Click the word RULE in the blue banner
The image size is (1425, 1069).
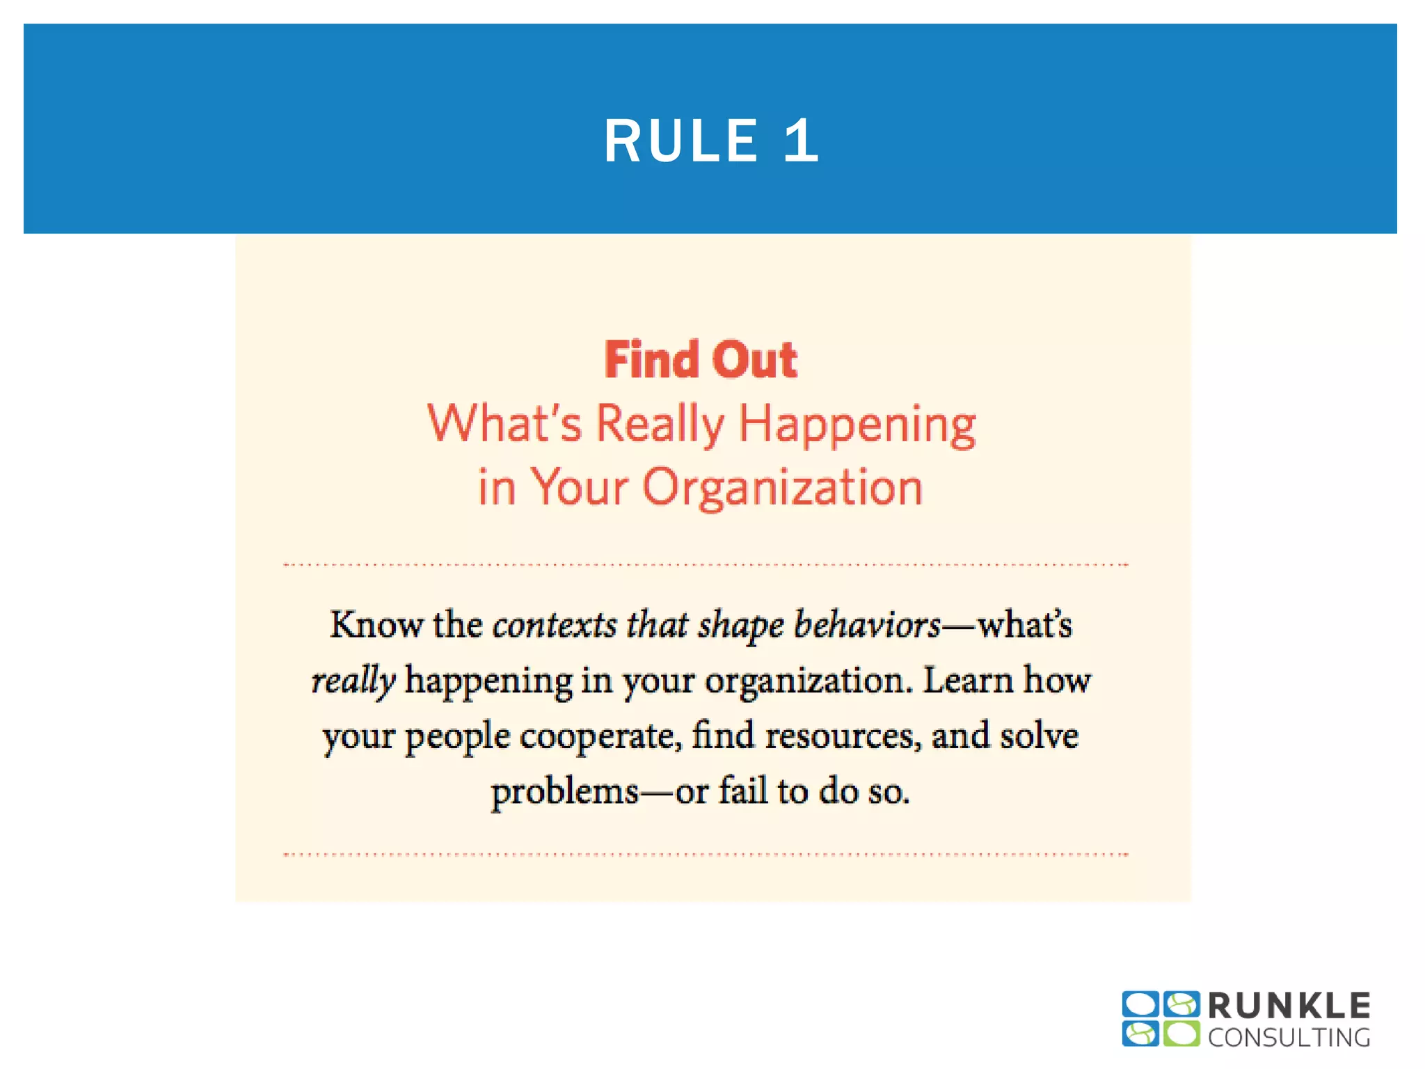point(680,141)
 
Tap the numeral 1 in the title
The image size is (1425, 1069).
point(801,141)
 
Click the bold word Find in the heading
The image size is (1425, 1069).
point(651,360)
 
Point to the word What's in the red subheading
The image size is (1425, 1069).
point(504,423)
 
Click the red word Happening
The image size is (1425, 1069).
point(857,425)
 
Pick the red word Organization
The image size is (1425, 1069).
point(782,487)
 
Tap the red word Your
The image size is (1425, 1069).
point(580,487)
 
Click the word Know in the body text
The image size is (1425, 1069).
point(376,624)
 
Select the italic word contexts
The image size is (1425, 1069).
point(555,624)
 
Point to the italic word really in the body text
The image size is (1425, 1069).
point(353,681)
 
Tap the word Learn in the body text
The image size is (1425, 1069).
point(968,680)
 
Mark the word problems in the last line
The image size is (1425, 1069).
point(565,792)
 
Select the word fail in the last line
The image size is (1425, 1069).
point(742,791)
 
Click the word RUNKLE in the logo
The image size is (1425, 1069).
point(1289,1006)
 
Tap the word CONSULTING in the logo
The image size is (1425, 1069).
point(1289,1038)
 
